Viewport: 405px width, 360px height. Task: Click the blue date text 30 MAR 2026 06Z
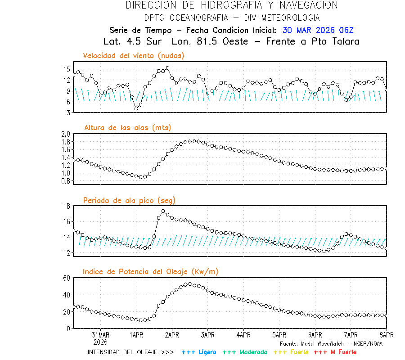tap(318, 30)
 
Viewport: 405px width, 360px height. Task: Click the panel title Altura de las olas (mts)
tap(127, 128)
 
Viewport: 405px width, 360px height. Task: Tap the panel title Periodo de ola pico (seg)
tap(129, 200)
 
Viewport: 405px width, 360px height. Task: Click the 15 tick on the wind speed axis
tap(67, 69)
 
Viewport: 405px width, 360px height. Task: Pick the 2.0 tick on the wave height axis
tap(66, 134)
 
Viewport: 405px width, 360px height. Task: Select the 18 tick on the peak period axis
tap(67, 206)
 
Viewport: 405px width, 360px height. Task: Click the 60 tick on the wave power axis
tap(67, 278)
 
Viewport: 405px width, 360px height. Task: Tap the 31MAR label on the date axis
tap(100, 335)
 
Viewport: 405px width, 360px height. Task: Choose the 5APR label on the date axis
tap(279, 335)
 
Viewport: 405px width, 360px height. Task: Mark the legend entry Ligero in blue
tap(199, 352)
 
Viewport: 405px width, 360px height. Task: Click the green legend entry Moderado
tap(245, 352)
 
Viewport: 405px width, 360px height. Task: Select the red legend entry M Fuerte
tap(335, 352)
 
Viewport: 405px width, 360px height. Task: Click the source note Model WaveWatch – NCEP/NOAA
tap(331, 344)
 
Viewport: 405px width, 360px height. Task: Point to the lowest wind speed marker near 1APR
tap(136, 108)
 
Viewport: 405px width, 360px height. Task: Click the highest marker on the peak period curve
tap(163, 211)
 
